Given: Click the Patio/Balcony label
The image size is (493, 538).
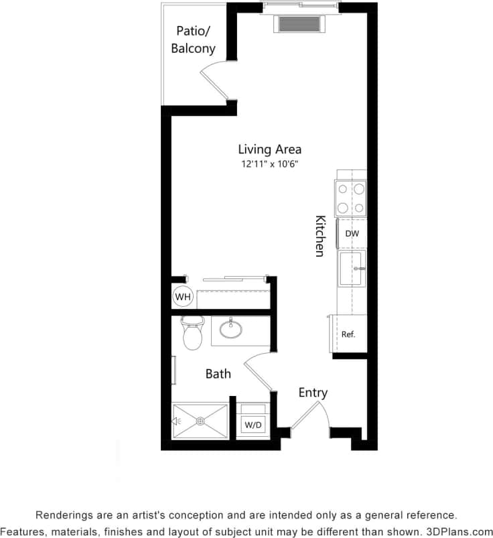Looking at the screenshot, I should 195,40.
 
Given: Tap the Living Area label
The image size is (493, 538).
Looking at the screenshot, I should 269,149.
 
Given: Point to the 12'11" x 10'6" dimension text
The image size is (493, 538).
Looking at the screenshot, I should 269,164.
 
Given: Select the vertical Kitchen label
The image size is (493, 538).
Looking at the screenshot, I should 320,236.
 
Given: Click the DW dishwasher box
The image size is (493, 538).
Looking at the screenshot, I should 352,234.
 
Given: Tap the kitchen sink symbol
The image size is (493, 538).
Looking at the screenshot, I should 352,269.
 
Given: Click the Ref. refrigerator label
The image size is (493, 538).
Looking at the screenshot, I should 348,334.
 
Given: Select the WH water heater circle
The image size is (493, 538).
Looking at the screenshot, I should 182,296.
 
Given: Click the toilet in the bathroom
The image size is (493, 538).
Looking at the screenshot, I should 192,333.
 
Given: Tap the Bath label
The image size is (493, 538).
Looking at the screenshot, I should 218,374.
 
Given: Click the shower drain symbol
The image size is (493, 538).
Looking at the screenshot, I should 200,421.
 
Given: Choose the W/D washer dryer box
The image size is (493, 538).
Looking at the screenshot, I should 253,424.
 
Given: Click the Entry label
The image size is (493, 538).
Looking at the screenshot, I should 313,393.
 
